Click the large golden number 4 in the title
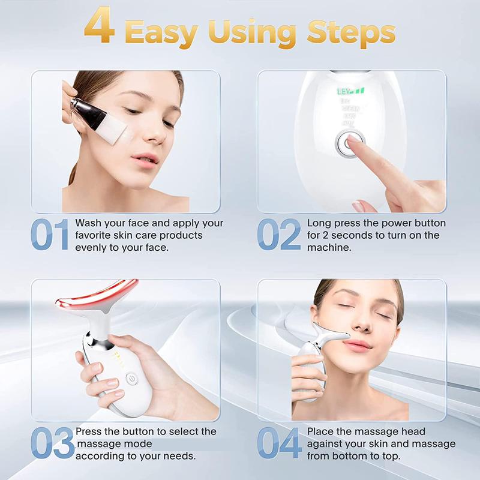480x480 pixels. (x=99, y=27)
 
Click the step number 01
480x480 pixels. (x=50, y=235)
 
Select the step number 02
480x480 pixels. (x=279, y=235)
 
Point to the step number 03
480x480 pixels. (x=53, y=443)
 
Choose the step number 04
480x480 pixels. (x=280, y=443)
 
